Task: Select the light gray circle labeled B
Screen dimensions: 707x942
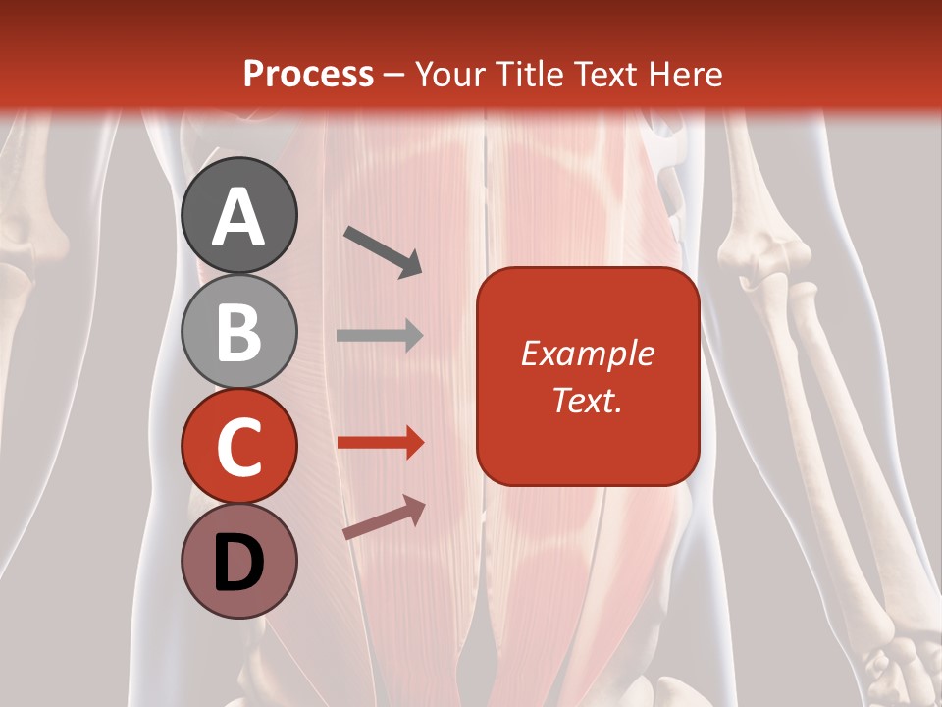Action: (x=239, y=331)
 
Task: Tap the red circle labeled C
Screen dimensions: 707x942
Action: (x=239, y=446)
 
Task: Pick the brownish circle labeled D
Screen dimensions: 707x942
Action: (x=239, y=561)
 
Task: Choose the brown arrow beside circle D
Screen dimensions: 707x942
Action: (x=384, y=517)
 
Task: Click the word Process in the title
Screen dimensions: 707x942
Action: (x=308, y=75)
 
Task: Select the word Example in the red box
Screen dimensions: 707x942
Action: (x=587, y=353)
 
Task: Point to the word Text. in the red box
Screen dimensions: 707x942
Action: (x=587, y=400)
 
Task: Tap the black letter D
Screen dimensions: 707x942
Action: (x=239, y=564)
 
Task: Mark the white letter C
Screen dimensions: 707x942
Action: (x=239, y=448)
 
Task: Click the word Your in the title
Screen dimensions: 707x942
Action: (x=447, y=75)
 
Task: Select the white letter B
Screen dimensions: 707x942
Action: (x=239, y=333)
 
